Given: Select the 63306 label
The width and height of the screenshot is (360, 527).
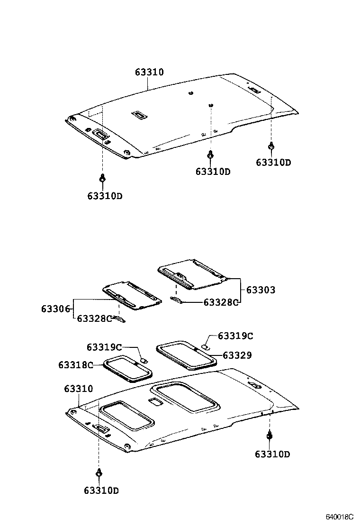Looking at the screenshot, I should [56, 309].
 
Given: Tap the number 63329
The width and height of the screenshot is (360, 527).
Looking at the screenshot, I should [237, 355].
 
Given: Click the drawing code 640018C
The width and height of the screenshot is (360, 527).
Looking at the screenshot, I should [339, 516].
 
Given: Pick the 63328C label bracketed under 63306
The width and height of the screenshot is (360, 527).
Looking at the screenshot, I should [94, 318].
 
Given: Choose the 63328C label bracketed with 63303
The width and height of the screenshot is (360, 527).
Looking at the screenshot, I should [221, 302].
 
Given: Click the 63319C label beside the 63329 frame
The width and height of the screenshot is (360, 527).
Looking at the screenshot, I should [235, 336].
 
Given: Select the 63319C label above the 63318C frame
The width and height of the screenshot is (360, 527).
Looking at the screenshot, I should [104, 347].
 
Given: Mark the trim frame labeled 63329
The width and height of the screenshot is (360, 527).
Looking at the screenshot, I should [186, 354].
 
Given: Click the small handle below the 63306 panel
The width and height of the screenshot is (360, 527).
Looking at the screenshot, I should [120, 319].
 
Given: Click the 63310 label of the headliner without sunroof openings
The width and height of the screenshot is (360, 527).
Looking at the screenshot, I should [149, 73].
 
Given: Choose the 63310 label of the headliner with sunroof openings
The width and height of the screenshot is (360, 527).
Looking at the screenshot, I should [79, 389].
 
